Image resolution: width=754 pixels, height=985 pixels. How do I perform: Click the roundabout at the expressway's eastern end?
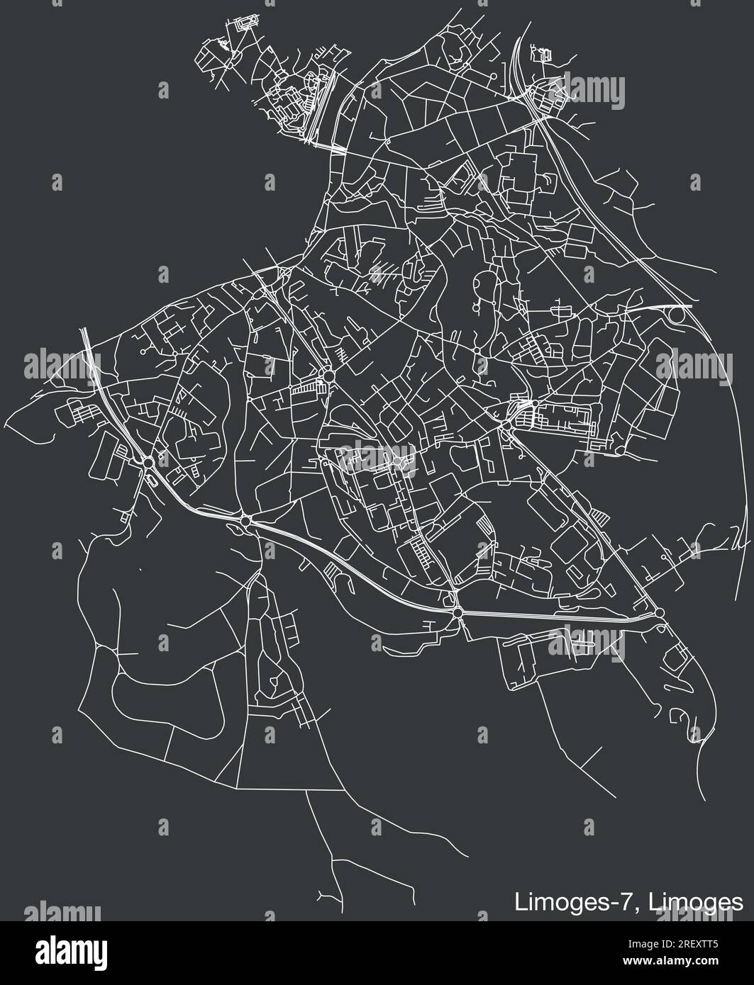coord(659,612)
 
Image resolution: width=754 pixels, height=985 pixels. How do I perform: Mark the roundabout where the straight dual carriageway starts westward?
coord(458,612)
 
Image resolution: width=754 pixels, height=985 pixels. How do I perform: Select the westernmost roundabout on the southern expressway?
coord(148,463)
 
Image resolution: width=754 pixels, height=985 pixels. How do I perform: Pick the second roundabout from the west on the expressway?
coord(245,521)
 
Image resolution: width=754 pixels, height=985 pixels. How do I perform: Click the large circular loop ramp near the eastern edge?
coord(680,313)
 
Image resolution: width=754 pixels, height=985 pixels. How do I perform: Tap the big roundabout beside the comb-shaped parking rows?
coord(328,375)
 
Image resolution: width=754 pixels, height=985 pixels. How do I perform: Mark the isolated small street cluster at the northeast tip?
coord(543,53)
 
